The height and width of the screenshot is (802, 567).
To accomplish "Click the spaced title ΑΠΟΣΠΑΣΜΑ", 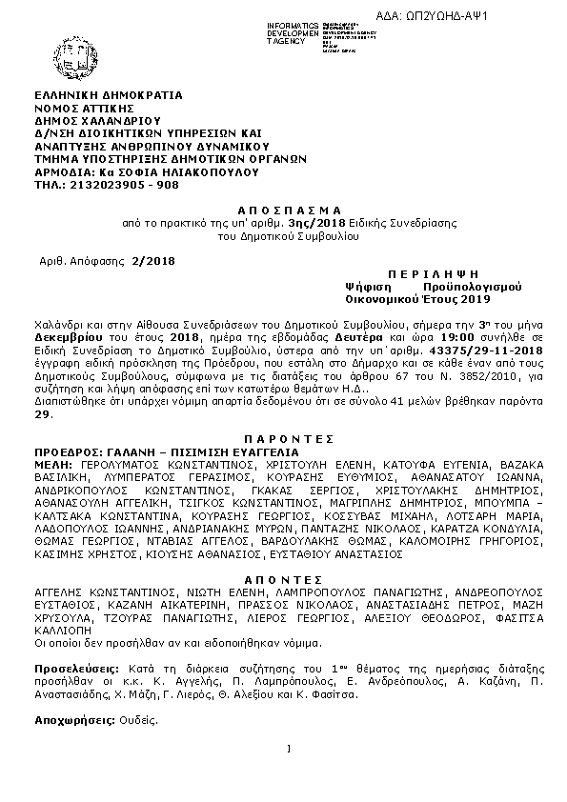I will [x=282, y=208].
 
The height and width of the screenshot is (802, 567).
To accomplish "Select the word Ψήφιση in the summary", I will [x=365, y=285].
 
